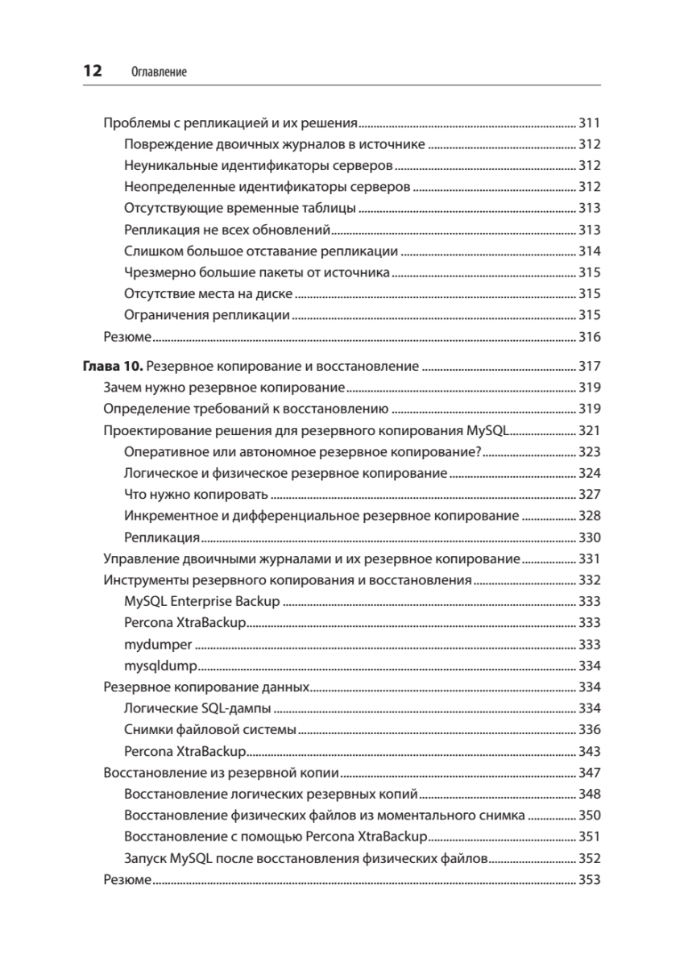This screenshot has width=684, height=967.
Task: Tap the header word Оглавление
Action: (x=158, y=72)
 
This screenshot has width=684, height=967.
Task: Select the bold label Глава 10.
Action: (x=113, y=367)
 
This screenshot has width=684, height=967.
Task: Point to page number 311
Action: (x=590, y=124)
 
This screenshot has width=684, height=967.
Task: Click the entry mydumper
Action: (x=159, y=645)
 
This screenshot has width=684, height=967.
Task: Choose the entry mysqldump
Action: (x=161, y=666)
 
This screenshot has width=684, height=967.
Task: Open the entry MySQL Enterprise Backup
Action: (x=202, y=602)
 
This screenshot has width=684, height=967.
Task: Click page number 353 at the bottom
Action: (x=590, y=880)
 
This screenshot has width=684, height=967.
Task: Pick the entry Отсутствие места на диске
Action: (x=209, y=293)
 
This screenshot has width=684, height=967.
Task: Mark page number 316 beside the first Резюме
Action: (x=590, y=336)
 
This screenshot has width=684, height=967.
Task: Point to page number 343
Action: (x=590, y=752)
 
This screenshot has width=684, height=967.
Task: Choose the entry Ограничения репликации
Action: (x=207, y=314)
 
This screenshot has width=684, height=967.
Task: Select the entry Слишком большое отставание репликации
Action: (x=262, y=251)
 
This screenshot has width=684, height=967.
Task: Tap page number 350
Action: (x=590, y=816)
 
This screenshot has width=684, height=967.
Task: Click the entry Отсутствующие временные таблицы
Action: (x=240, y=208)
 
